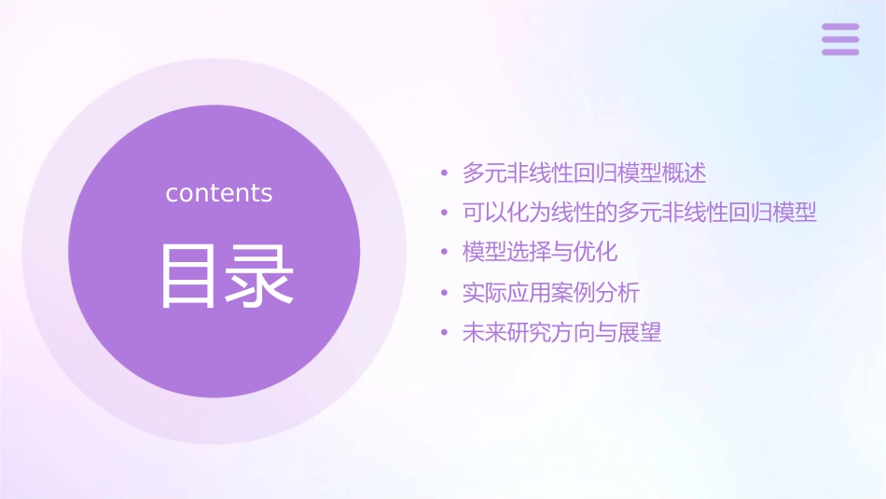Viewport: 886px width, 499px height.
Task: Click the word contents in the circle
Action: click(x=219, y=193)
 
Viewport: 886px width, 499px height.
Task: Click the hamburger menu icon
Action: click(x=840, y=39)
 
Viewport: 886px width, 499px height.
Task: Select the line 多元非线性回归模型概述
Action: click(x=584, y=173)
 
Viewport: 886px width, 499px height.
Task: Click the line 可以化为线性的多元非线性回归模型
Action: click(x=639, y=213)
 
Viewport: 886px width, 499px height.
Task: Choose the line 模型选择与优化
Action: click(x=539, y=252)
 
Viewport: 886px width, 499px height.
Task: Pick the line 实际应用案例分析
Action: click(x=550, y=293)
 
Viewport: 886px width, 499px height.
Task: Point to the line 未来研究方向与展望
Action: click(x=561, y=333)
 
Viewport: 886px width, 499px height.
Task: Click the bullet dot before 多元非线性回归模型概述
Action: click(x=445, y=173)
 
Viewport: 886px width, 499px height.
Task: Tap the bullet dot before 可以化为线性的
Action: click(x=445, y=214)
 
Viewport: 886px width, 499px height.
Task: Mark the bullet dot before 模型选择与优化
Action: click(x=445, y=253)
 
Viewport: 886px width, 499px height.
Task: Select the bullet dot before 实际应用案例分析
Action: click(x=445, y=294)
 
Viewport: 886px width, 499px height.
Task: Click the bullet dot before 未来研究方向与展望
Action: click(x=445, y=334)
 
